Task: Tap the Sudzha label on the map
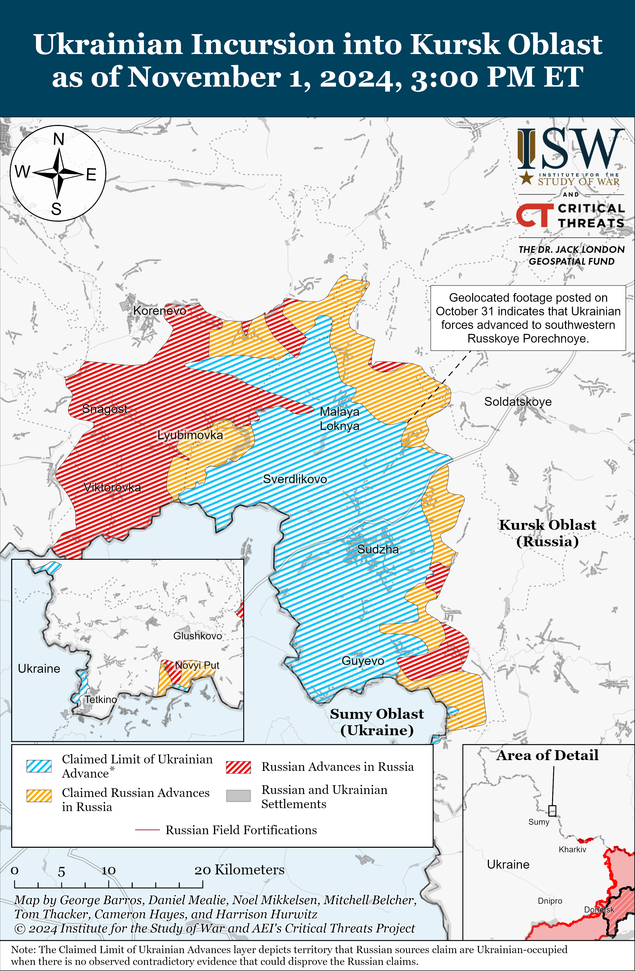378,549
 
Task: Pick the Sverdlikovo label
295,479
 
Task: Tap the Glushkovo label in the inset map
197,636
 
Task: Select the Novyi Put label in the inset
197,666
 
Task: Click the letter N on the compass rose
59,139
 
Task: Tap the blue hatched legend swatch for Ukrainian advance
39,766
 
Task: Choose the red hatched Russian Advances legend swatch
238,767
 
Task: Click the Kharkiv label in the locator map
572,850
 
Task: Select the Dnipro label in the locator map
550,901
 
